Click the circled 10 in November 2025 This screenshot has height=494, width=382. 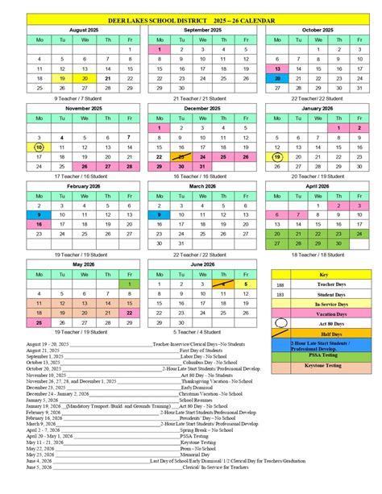(x=39, y=147)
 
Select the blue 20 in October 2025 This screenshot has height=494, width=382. (x=277, y=78)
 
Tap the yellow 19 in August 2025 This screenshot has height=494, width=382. (x=60, y=78)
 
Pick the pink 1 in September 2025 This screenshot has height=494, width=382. (x=160, y=49)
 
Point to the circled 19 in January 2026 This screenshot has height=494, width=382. (x=277, y=156)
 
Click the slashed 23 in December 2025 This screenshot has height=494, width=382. (x=181, y=156)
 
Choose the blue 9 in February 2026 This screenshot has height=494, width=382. (x=39, y=215)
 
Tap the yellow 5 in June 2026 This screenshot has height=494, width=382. (x=245, y=284)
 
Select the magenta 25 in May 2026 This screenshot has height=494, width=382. (x=39, y=322)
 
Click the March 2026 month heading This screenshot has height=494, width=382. (x=202, y=185)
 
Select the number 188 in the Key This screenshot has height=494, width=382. (x=280, y=284)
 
